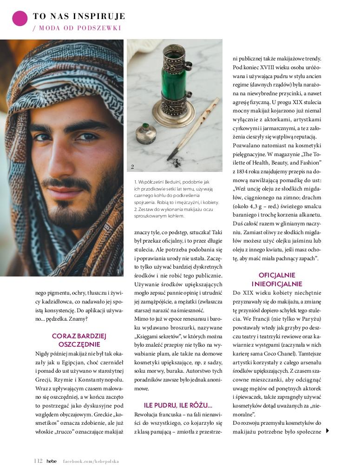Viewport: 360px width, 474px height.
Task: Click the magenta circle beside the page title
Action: click(20, 18)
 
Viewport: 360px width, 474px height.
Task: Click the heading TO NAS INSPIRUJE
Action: click(79, 17)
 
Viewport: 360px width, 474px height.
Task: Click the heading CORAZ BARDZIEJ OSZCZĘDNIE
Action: click(79, 340)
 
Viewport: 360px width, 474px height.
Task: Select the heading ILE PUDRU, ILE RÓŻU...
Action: click(178, 405)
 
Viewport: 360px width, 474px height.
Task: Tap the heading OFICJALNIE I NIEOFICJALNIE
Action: click(277, 279)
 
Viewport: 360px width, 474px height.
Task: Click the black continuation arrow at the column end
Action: click(327, 431)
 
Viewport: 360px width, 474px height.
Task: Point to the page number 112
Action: click(39, 461)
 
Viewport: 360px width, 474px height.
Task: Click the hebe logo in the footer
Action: click(52, 461)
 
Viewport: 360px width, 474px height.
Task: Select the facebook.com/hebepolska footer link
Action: click(91, 461)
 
